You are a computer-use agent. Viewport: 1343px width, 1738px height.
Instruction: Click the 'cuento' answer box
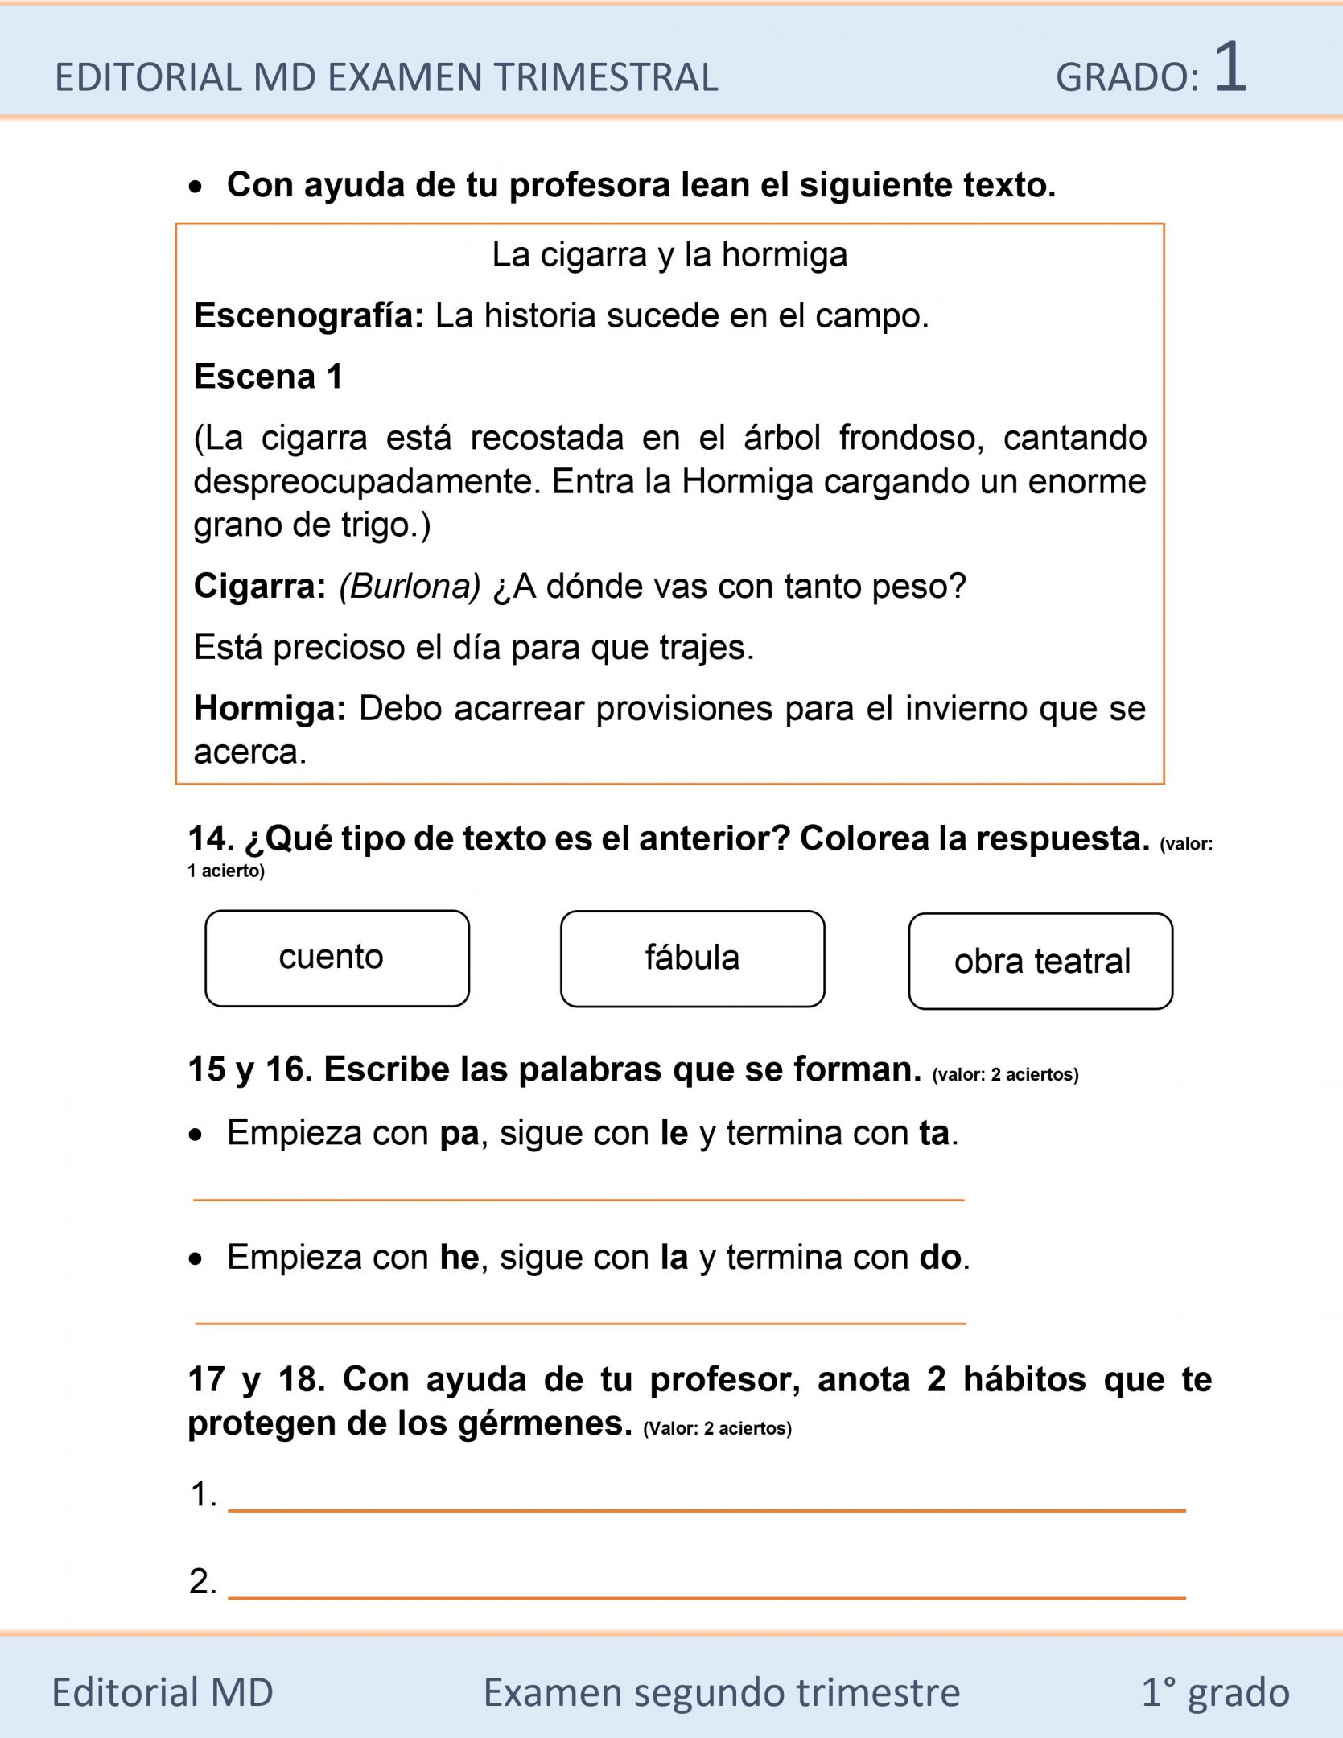click(337, 958)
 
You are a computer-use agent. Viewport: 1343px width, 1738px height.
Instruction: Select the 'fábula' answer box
click(692, 958)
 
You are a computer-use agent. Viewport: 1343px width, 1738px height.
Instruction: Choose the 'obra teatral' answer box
click(1040, 961)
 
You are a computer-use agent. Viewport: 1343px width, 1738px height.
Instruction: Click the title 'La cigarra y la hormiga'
click(669, 255)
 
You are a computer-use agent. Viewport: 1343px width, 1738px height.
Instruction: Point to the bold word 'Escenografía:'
click(308, 315)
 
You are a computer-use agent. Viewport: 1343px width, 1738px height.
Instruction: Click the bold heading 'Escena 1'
click(269, 377)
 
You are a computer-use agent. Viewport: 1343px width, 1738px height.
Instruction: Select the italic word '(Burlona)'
click(410, 587)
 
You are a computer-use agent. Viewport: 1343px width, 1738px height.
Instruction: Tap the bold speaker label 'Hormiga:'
click(270, 709)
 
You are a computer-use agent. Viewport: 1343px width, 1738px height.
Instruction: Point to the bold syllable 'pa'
click(459, 1133)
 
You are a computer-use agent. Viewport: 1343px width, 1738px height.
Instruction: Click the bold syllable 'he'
click(459, 1257)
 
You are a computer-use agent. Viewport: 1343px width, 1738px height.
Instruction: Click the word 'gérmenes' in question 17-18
click(546, 1423)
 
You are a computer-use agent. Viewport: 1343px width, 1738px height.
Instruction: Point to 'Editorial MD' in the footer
click(163, 1691)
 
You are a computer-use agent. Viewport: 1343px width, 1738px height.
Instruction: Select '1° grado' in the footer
click(1215, 1691)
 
